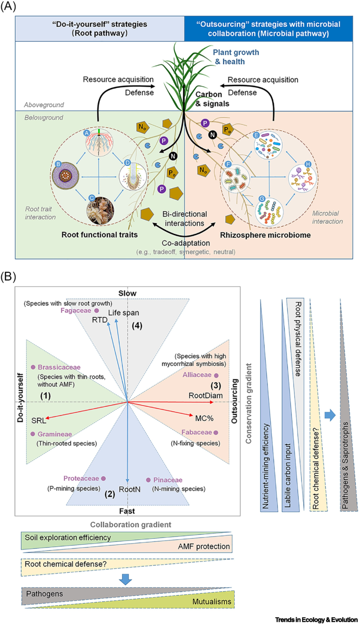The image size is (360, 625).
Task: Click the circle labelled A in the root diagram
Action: coord(99,142)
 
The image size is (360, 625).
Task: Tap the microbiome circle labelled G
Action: coord(269,212)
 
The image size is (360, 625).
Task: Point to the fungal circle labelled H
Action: coord(302,178)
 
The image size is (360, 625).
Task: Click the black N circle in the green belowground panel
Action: coord(173,156)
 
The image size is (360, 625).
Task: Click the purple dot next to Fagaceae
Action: coord(97,311)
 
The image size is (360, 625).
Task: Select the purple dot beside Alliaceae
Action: coord(216,375)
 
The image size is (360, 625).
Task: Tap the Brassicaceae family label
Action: coord(59,367)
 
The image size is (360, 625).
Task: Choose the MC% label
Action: coord(204,418)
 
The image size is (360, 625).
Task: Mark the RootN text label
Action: coord(130,489)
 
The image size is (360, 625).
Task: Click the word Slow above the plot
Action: coord(127,294)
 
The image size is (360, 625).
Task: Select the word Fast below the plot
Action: coord(127,511)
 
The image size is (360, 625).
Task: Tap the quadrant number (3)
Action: coord(216,386)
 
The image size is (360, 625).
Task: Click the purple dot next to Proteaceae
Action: coord(103,478)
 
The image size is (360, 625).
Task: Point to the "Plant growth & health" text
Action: coord(236,57)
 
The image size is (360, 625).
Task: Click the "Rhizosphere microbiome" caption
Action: coord(265,235)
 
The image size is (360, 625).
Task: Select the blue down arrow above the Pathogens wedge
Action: coord(125,579)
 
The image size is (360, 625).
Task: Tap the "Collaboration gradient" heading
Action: coord(131,525)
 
